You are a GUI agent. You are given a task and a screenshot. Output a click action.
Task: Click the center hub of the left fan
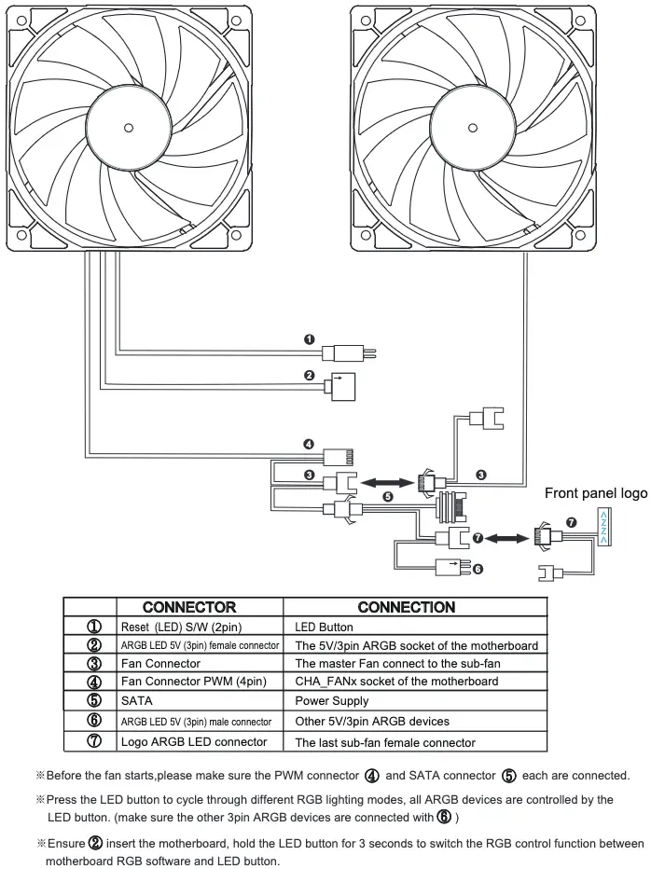(x=128, y=128)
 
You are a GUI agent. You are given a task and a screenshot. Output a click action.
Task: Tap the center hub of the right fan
(x=473, y=128)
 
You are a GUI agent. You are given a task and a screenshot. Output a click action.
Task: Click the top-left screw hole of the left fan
(x=21, y=21)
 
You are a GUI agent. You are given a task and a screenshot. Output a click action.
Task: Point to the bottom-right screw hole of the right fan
(x=580, y=234)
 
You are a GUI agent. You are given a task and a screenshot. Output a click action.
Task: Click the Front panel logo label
(x=596, y=492)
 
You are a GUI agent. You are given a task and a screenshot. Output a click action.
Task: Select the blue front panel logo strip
(x=603, y=528)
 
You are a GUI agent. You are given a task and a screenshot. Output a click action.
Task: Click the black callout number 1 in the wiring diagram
(x=310, y=339)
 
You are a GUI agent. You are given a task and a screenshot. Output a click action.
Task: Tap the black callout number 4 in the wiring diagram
(x=309, y=445)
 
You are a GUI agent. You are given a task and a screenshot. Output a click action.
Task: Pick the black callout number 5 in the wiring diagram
(x=388, y=497)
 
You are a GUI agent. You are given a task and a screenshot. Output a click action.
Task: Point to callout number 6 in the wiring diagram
(x=477, y=569)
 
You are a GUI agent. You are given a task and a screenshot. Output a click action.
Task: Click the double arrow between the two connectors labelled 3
(x=387, y=483)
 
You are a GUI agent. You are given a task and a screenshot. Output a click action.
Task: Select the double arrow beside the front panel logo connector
(x=507, y=538)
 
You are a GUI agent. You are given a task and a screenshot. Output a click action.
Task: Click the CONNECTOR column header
(x=189, y=607)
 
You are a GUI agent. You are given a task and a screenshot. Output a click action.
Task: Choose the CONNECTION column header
(x=407, y=607)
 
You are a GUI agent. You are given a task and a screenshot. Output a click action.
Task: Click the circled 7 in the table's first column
(x=94, y=741)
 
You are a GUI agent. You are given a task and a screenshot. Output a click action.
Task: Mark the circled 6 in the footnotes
(x=444, y=817)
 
